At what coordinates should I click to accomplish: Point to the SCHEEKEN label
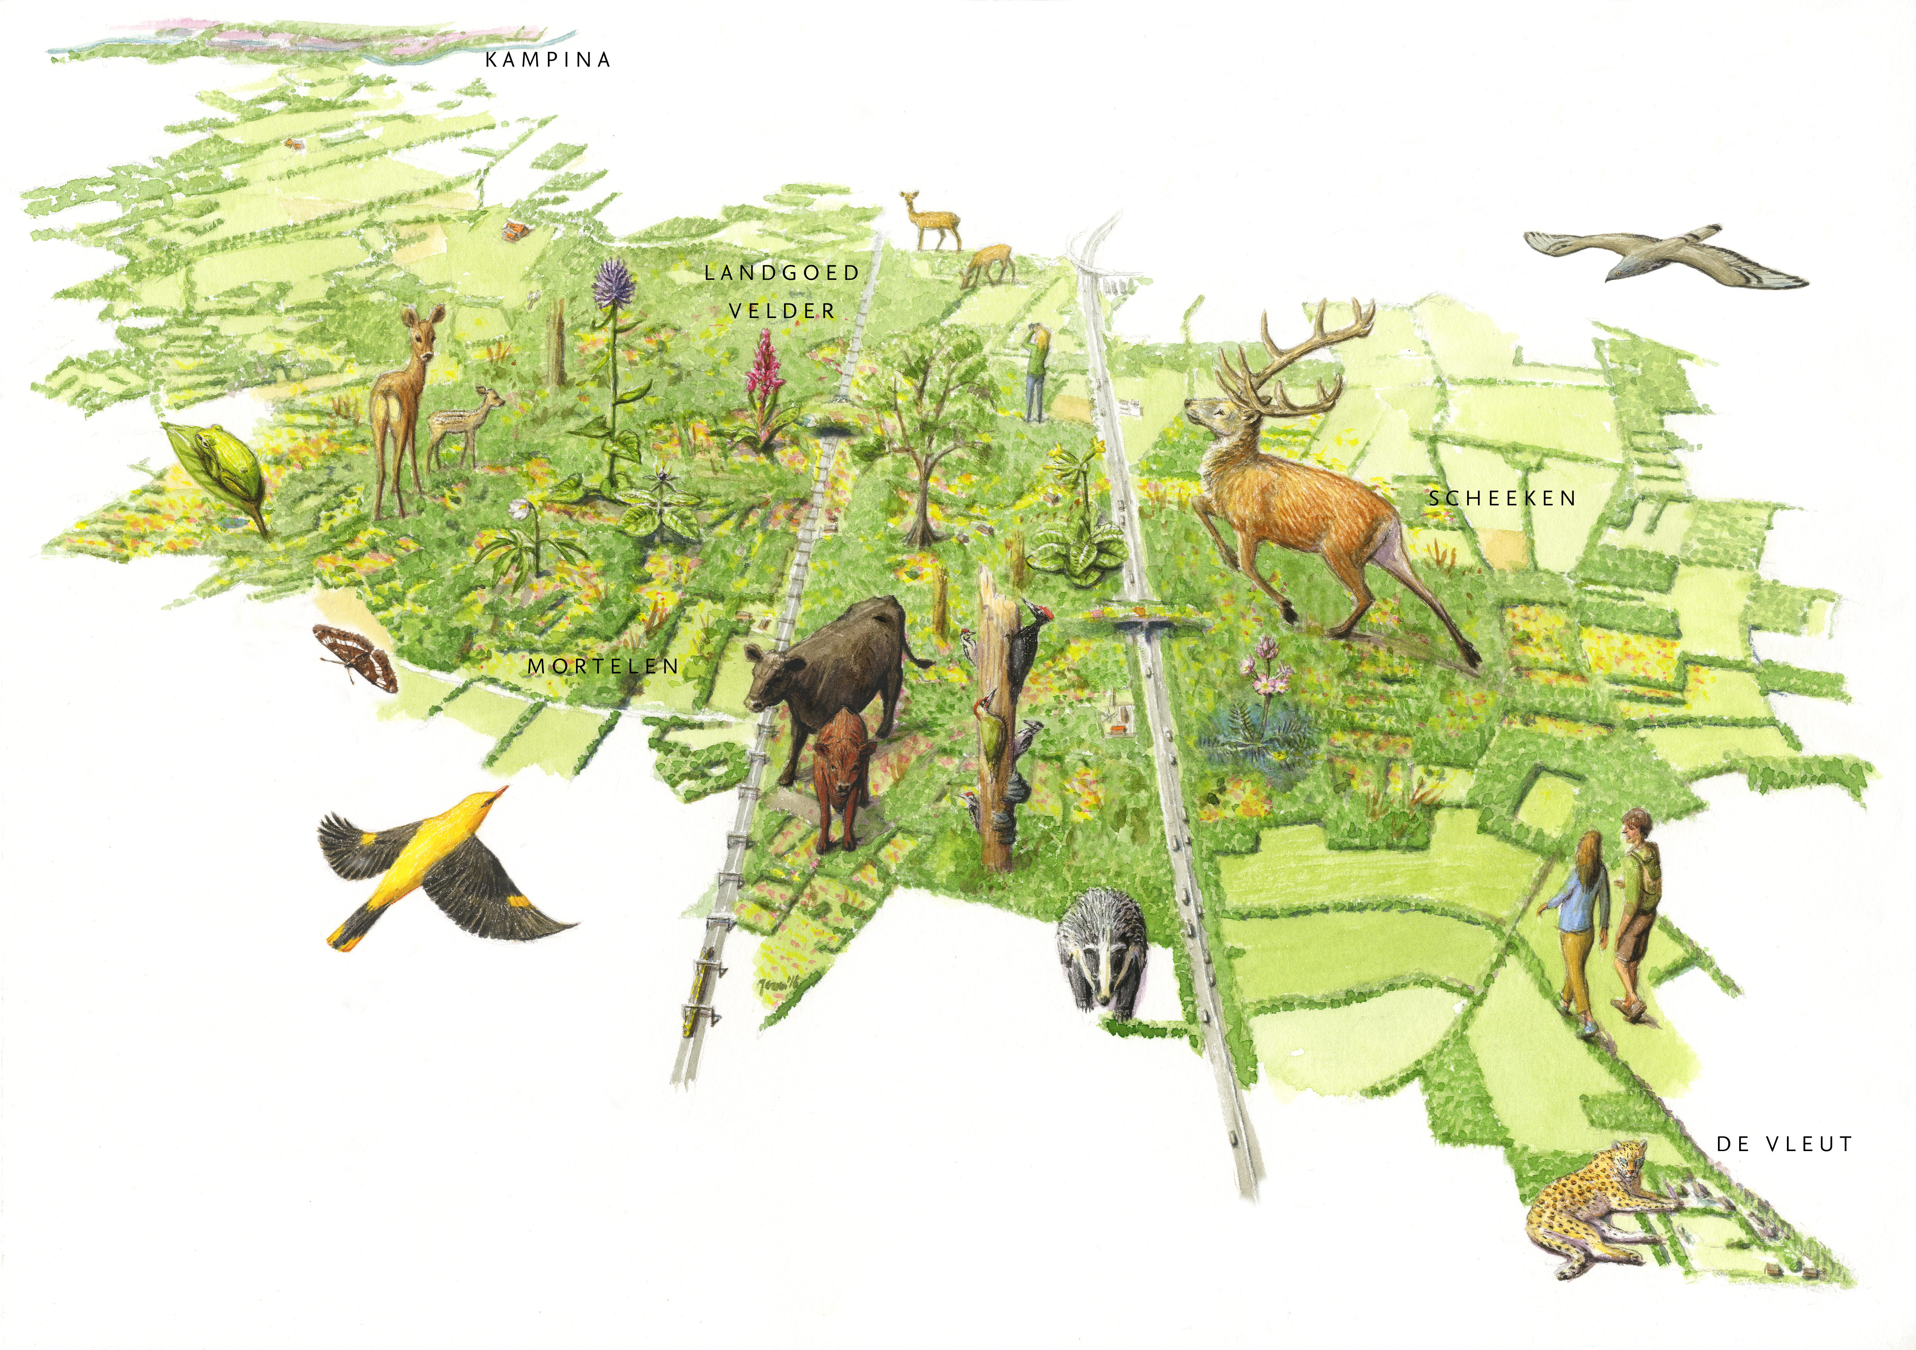pyautogui.click(x=1502, y=498)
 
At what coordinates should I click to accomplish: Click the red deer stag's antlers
pyautogui.click(x=1302, y=359)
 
